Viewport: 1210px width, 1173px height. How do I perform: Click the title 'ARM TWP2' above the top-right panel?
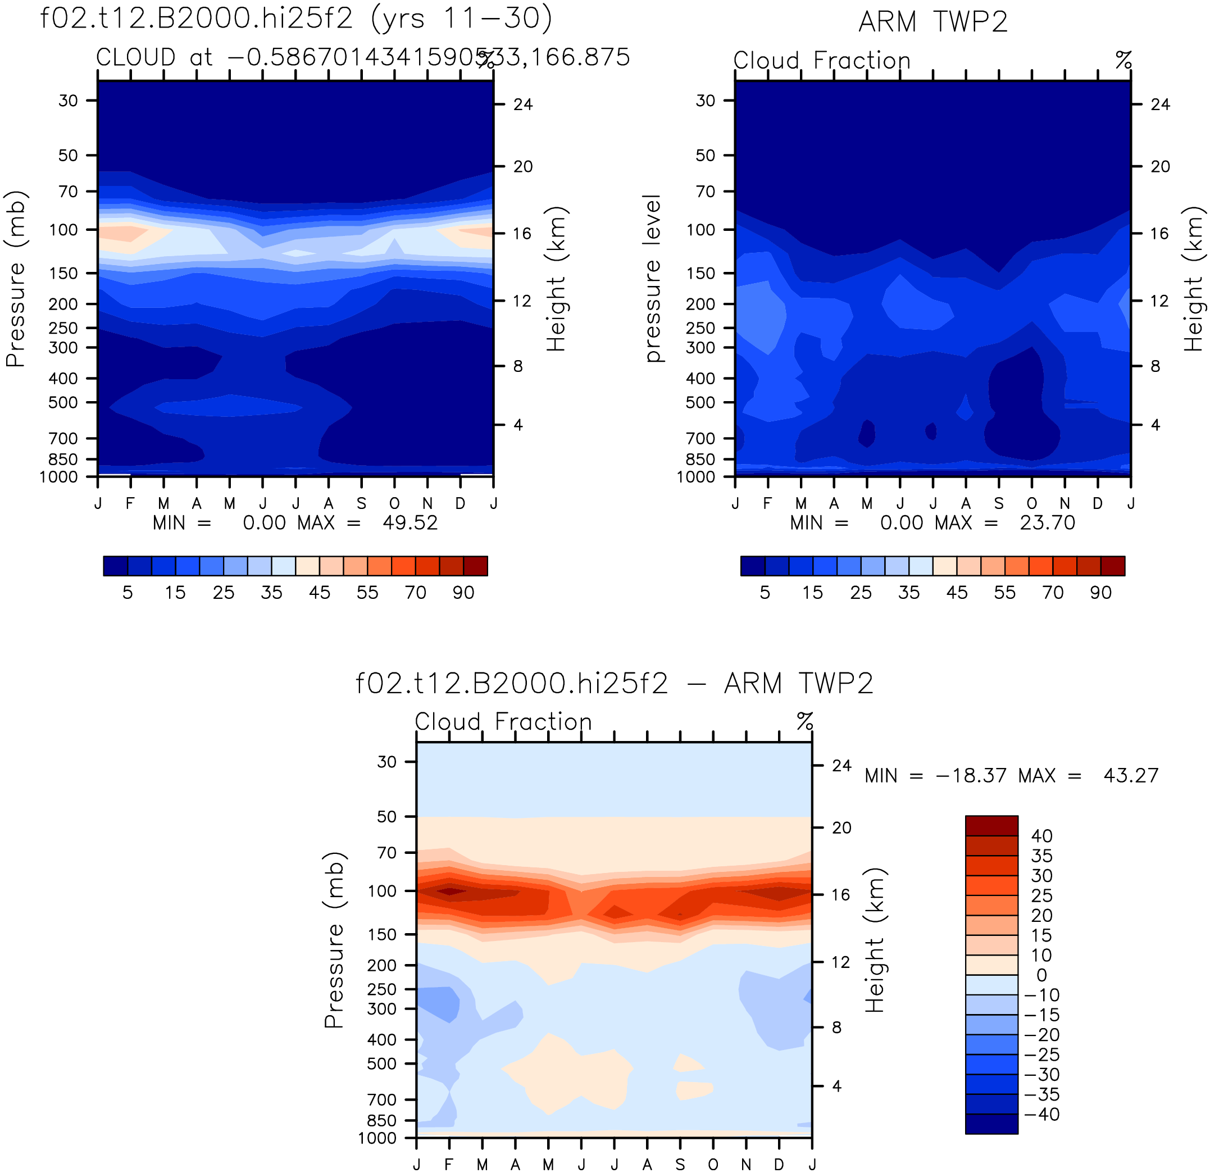[933, 22]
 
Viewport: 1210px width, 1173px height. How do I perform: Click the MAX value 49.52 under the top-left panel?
[410, 523]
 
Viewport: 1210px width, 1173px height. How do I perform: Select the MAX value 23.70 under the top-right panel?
[1047, 523]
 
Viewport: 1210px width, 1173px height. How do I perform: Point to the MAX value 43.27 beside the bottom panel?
[1131, 775]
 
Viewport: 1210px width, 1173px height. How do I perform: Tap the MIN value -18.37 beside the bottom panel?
[971, 775]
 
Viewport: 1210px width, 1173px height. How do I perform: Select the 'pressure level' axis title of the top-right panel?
[653, 279]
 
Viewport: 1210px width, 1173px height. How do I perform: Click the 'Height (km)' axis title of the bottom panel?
[875, 940]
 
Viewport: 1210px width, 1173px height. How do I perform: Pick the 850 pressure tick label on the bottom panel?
[381, 1121]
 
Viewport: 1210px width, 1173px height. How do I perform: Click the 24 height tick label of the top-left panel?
[523, 104]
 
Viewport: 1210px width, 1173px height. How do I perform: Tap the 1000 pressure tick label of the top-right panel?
[696, 477]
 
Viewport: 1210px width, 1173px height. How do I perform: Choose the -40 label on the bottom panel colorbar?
[1041, 1115]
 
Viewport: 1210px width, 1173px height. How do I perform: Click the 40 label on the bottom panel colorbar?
[1042, 836]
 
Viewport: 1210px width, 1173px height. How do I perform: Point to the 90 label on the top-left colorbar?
[463, 593]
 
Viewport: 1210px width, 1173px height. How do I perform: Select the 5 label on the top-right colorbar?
[765, 593]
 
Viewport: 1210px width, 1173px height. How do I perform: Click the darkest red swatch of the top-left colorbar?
[475, 566]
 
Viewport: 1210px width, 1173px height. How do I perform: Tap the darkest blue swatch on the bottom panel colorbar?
[991, 1124]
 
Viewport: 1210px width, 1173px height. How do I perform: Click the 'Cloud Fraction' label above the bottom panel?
[503, 722]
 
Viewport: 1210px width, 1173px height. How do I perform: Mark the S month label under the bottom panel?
[680, 1165]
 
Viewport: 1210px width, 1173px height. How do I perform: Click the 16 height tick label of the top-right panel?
[1160, 233]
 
